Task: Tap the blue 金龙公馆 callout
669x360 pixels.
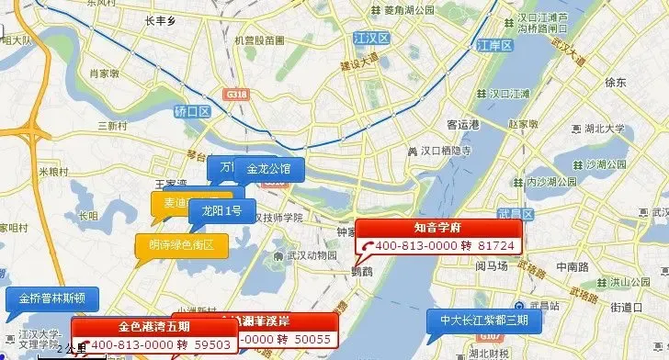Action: tap(268, 169)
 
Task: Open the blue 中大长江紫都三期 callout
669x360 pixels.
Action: tap(484, 321)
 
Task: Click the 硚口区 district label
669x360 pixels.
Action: tap(192, 110)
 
